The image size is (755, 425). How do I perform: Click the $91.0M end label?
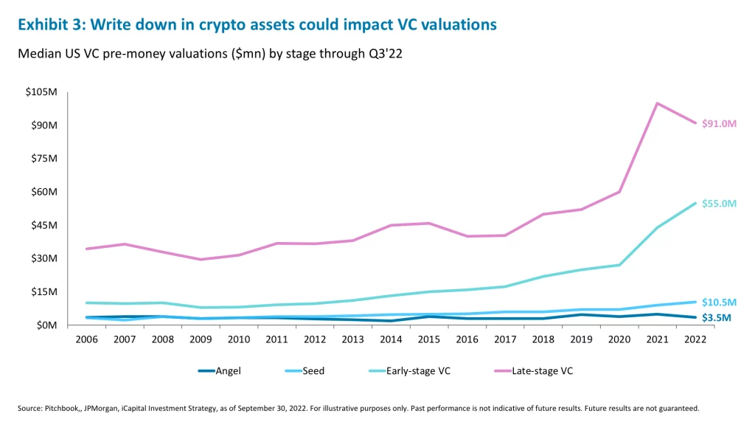[x=719, y=124]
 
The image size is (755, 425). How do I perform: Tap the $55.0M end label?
[x=719, y=203]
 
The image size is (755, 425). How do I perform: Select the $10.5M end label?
[x=719, y=302]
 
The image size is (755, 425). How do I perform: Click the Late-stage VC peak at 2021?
[x=657, y=103]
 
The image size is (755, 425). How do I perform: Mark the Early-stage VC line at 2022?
[x=695, y=203]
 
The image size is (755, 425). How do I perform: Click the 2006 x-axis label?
[x=88, y=339]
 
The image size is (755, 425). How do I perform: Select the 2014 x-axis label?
[x=392, y=339]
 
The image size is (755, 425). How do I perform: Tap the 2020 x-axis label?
[x=619, y=339]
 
